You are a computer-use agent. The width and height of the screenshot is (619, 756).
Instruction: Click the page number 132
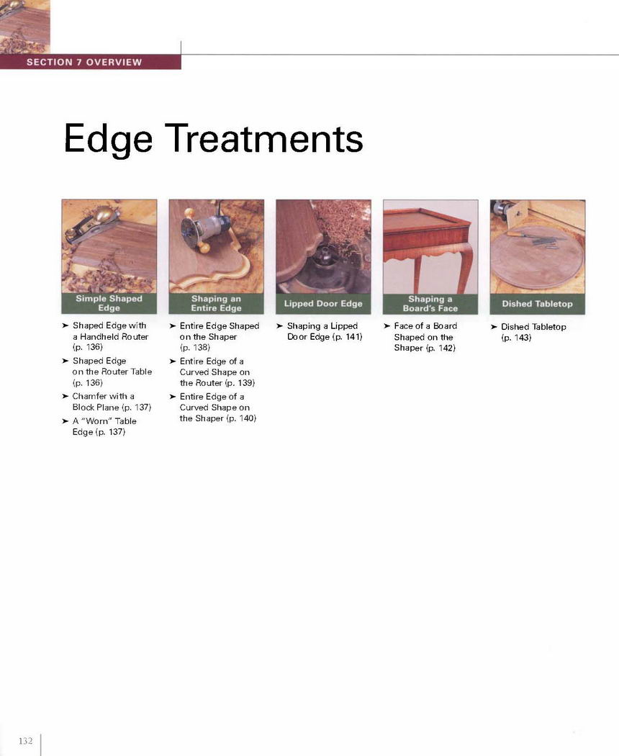coord(25,741)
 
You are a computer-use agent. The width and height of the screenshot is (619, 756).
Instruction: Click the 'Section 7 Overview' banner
coord(90,62)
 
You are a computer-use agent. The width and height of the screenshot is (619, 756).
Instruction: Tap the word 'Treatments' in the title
coord(264,138)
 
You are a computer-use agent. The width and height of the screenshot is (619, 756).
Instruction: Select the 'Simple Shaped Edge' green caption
coord(109,303)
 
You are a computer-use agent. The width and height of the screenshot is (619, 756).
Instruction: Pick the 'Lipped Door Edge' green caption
coord(323,304)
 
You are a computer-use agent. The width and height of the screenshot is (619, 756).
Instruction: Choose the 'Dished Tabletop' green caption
coord(538,304)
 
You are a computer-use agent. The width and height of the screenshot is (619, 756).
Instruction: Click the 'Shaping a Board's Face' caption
coord(430,304)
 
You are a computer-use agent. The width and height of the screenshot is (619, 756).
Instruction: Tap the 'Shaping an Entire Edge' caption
coord(216,304)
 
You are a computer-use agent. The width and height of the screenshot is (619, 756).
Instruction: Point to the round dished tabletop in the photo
coord(537,258)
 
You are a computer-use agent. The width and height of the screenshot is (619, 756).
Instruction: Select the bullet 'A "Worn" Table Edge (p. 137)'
coord(104,426)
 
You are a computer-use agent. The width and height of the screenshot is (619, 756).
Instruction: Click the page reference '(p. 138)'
coord(195,347)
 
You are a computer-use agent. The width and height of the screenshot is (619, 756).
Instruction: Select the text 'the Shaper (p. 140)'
coord(218,418)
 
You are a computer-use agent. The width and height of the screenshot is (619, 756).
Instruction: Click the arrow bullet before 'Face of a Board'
coord(387,326)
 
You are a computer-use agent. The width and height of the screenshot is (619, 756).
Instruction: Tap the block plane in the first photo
coord(94,223)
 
